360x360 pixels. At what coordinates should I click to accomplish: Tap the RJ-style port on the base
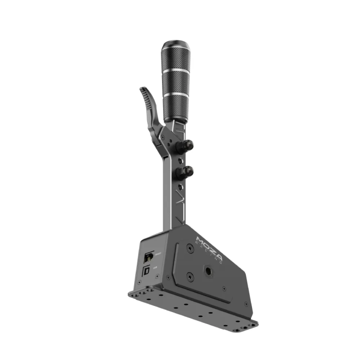149,255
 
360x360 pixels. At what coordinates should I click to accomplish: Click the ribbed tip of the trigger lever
145,96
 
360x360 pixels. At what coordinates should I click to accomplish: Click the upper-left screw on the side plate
190,248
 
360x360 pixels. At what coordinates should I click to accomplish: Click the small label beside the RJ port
157,254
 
